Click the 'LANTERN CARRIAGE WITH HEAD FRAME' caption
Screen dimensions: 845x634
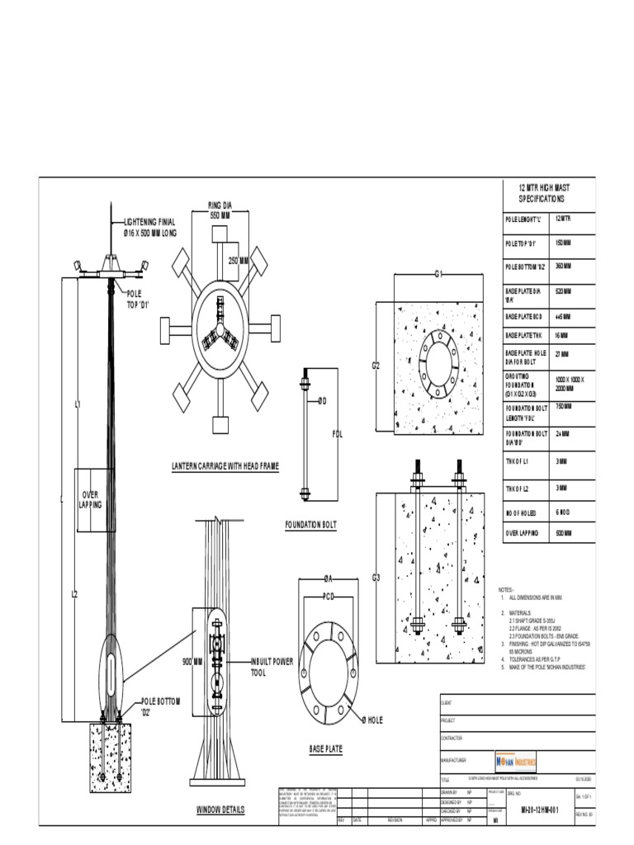pos(225,466)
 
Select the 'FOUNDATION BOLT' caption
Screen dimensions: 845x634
pos(310,524)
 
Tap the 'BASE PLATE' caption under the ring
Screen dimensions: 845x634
pos(326,749)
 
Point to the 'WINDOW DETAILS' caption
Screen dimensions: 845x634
pos(220,810)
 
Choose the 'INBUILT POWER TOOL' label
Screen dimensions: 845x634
pos(272,667)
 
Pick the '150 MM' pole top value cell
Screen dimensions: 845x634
pos(564,244)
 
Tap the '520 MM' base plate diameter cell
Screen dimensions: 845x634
pos(564,291)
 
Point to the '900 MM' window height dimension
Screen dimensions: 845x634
pos(192,662)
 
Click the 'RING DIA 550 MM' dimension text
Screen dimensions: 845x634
pos(219,210)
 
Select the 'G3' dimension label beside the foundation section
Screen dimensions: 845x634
pos(376,577)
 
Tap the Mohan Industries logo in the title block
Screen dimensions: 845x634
pos(516,760)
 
